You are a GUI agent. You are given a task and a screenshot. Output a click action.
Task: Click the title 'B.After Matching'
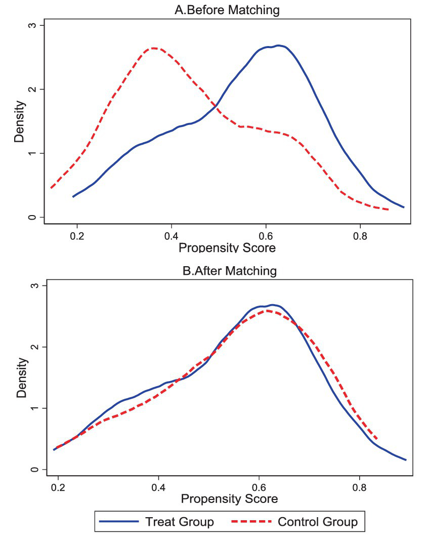230,271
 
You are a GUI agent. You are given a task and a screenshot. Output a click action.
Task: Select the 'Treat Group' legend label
180,522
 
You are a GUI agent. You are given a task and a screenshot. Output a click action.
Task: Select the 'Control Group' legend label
318,522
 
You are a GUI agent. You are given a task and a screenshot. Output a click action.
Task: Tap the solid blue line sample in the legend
119,522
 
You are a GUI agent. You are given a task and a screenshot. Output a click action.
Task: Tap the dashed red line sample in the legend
250,522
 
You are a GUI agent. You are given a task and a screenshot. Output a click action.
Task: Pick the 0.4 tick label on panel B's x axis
159,489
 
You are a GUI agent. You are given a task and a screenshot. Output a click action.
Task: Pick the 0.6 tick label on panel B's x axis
259,489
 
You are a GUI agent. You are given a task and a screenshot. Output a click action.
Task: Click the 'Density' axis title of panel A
19,121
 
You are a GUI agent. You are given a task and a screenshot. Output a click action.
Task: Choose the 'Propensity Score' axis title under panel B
229,499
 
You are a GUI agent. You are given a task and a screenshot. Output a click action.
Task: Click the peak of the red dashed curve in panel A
154,48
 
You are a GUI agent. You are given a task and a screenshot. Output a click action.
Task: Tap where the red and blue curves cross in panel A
216,106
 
